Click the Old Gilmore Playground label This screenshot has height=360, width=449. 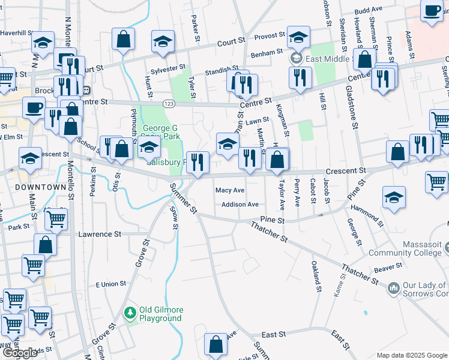[x=160, y=314]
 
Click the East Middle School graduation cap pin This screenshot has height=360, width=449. [x=297, y=37]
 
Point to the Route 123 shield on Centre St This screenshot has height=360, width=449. [x=169, y=104]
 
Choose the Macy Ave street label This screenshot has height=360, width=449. [x=230, y=190]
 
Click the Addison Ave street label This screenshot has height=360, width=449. [x=240, y=205]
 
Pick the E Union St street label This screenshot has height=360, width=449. [x=107, y=283]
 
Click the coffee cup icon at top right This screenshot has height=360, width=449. [x=432, y=10]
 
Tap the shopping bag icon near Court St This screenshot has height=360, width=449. [x=123, y=40]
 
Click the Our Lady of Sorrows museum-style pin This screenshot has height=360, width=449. [x=394, y=289]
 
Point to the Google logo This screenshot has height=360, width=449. [x=20, y=353]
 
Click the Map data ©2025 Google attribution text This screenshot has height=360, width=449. [x=412, y=355]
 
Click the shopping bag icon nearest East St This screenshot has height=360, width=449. [x=215, y=345]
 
